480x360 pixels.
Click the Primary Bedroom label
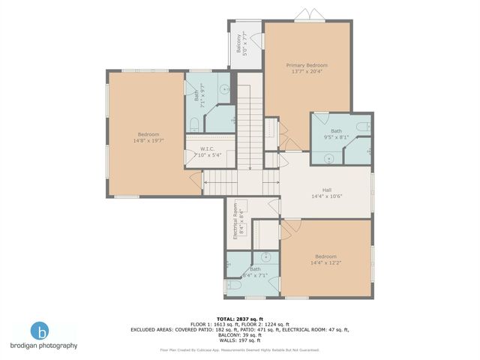(307, 65)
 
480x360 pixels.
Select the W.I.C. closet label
(208, 148)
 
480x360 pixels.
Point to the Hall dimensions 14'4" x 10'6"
(326, 196)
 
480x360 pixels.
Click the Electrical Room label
(235, 220)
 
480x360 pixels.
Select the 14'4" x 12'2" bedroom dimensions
(325, 262)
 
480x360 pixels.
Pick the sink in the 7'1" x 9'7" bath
(223, 88)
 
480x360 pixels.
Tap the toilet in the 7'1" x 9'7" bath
(193, 122)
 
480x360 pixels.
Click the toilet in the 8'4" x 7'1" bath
(233, 285)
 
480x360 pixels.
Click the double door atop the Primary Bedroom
(303, 16)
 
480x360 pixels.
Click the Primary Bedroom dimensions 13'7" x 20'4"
(307, 72)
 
